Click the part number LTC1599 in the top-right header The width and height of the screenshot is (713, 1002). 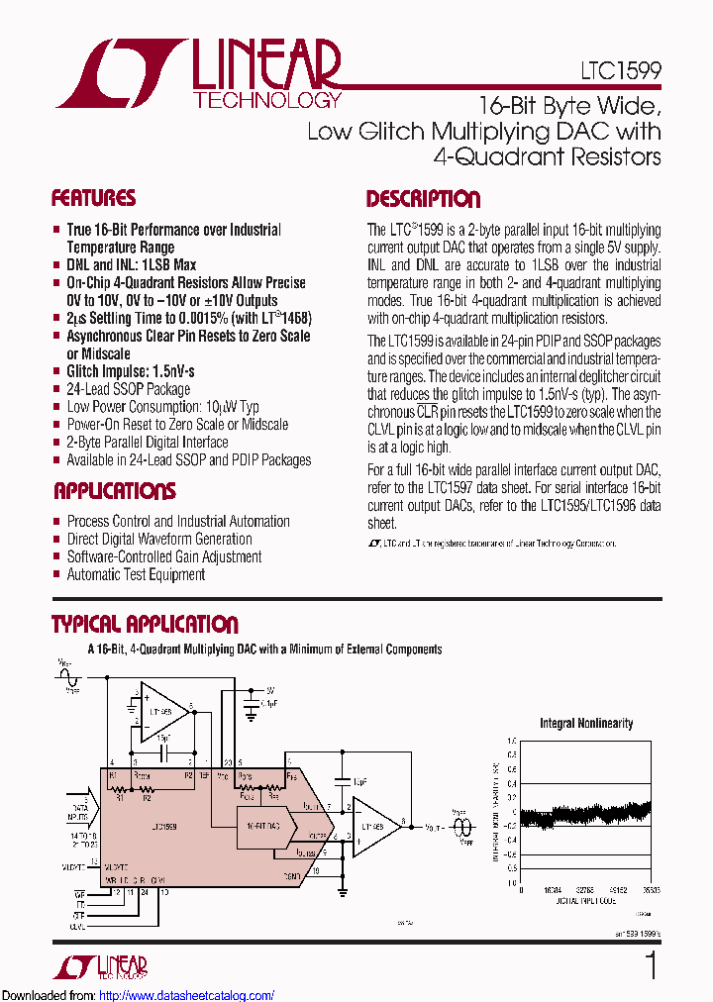coord(621,72)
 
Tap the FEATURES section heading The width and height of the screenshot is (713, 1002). coord(93,198)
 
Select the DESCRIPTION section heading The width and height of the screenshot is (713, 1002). coord(423,199)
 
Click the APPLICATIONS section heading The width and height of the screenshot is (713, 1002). coord(115,491)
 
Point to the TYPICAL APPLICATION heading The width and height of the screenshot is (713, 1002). coord(145,625)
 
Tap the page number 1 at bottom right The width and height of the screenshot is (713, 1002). coord(651,966)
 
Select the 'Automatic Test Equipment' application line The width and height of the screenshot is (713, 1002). coord(136,574)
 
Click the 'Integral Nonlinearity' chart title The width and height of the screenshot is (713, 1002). coord(586,724)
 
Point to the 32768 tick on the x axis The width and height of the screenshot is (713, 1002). coord(586,890)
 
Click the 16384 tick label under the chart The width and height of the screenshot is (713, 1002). coord(554,890)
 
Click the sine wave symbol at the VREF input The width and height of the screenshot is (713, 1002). coord(66,677)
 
